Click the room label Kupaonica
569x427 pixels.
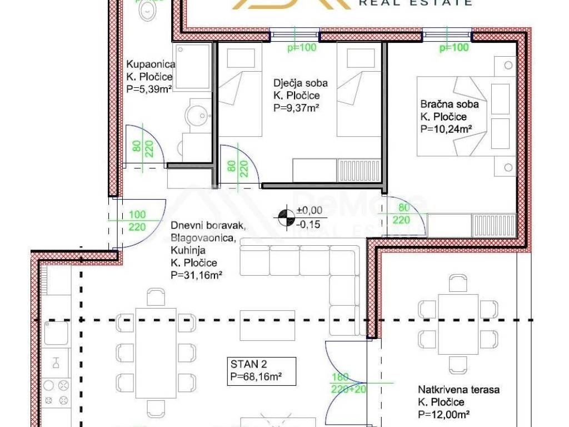tap(151, 64)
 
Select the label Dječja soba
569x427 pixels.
tap(301, 83)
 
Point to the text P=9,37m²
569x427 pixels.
tap(296, 108)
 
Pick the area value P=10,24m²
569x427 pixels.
tap(446, 129)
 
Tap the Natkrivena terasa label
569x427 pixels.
tap(458, 390)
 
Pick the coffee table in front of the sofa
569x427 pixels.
tap(267, 325)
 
